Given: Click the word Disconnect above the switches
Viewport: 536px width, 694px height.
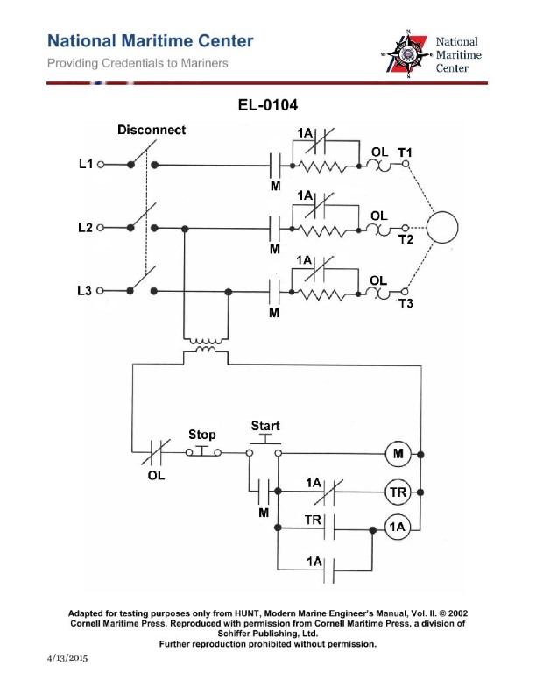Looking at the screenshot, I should point(152,131).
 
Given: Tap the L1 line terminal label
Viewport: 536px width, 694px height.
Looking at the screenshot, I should point(85,165).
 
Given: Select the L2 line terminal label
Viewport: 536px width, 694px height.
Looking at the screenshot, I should point(85,228).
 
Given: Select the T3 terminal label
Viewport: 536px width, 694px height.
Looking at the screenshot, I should point(406,304).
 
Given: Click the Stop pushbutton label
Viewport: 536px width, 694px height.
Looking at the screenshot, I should point(202,435).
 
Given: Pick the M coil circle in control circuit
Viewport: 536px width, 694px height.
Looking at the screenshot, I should point(398,454).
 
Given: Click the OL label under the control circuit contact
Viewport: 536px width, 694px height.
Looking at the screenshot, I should point(156,478).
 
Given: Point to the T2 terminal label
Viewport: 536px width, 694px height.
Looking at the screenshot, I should point(406,241).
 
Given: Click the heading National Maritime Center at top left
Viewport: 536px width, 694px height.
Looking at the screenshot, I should point(151,41).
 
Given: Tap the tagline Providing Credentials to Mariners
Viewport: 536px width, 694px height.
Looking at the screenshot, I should point(138,64).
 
